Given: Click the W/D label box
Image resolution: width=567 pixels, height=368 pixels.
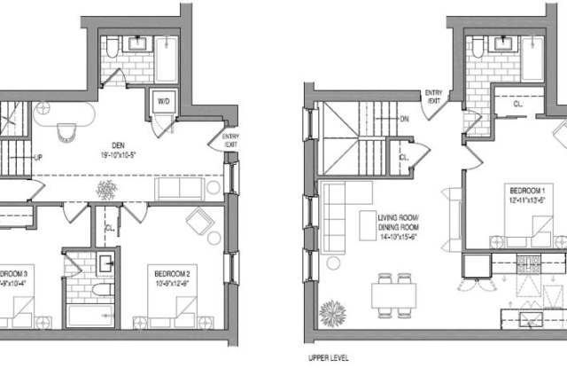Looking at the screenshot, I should coord(164,101).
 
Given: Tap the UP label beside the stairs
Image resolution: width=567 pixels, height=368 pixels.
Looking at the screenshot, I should coord(38,158).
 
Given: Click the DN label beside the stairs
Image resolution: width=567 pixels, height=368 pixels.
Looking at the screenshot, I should coord(404,118).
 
